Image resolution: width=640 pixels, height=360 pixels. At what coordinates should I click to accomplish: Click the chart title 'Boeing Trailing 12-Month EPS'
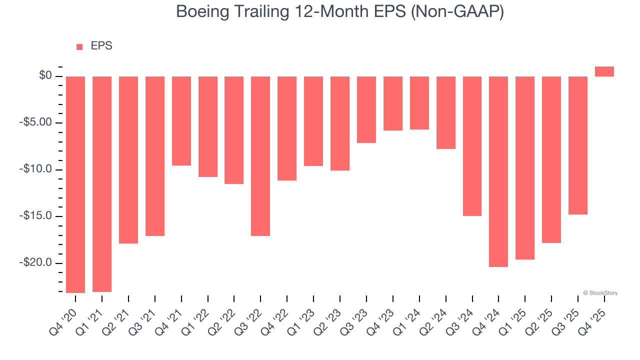(x=340, y=12)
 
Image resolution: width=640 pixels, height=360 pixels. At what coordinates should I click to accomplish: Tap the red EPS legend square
(x=79, y=47)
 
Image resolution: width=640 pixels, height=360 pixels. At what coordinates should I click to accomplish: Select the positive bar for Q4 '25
(x=604, y=71)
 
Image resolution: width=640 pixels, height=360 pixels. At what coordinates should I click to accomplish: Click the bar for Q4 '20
(x=75, y=184)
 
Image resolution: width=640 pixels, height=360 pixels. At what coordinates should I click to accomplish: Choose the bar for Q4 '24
(x=498, y=171)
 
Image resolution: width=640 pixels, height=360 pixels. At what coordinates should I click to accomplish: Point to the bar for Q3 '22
(x=260, y=156)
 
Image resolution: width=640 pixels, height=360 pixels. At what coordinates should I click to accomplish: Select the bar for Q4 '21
(x=181, y=121)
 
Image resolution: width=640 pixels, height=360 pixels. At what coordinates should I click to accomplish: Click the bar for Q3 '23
(x=366, y=109)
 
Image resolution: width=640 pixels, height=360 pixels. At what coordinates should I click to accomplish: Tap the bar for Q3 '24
(x=472, y=146)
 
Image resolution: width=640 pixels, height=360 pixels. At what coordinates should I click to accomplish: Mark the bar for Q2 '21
(x=128, y=160)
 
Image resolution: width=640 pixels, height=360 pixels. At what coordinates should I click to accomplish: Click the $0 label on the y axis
(x=45, y=76)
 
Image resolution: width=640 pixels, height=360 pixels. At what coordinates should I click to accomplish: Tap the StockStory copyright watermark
(x=600, y=293)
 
